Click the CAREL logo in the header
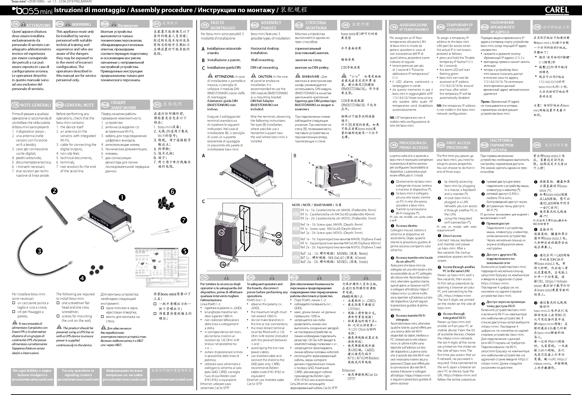coord(557,10)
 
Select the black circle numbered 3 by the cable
coord(39,251)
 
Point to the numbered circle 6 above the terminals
coord(172,192)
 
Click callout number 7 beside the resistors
coord(184,220)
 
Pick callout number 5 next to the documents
coord(185,251)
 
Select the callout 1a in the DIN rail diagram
coord(221,233)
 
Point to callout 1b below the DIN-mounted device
coord(223,265)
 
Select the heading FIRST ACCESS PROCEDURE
coord(458,145)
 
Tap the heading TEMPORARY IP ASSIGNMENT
coord(459,27)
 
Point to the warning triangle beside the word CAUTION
coord(253,76)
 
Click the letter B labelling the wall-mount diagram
coord(295,156)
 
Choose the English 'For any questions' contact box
coord(78,375)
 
